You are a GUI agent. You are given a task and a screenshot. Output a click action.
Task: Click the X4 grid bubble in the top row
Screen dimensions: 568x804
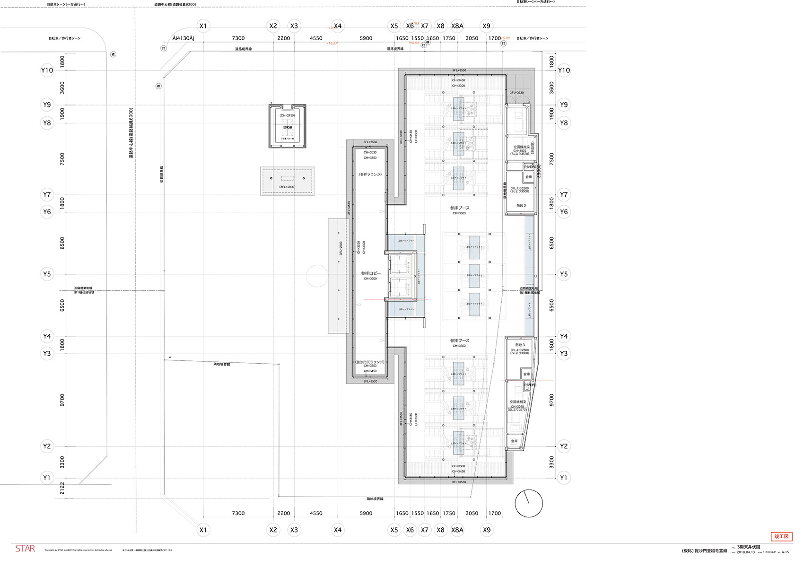337,26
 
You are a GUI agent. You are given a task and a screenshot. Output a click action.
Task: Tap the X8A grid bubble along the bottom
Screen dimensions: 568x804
457,530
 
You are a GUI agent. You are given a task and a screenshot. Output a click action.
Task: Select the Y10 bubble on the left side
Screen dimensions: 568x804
47,70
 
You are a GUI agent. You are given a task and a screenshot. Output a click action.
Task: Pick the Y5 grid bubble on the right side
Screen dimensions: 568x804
564,274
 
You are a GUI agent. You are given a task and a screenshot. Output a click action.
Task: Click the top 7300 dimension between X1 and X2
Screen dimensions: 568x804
238,38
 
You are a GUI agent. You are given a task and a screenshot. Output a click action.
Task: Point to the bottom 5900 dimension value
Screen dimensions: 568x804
366,513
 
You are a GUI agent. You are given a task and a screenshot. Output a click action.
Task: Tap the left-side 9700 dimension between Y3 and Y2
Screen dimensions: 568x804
62,400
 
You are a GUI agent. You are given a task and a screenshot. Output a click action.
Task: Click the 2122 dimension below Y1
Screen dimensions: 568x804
62,489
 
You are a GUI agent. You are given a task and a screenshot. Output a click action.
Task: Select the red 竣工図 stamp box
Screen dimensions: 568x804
781,537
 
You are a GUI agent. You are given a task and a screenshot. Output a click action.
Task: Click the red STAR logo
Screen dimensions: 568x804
25,549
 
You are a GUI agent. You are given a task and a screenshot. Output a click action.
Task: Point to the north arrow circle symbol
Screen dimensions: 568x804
529,503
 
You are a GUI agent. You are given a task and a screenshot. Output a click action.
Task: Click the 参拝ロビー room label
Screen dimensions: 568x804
370,273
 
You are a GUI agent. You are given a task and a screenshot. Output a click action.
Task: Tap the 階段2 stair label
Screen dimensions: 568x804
521,206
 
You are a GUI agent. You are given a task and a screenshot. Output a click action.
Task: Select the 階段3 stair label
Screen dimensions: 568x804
520,345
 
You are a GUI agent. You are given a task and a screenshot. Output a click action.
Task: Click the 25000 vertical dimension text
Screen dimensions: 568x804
539,171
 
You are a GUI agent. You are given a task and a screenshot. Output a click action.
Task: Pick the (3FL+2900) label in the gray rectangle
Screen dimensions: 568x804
287,187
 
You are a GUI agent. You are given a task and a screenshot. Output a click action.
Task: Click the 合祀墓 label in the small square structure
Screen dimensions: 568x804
288,127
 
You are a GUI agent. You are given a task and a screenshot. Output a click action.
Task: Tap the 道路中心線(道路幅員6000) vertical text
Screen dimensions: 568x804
131,133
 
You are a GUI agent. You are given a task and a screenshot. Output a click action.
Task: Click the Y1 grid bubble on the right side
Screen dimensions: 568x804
564,478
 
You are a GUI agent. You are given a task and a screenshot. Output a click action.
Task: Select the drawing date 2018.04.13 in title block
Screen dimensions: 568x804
746,552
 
